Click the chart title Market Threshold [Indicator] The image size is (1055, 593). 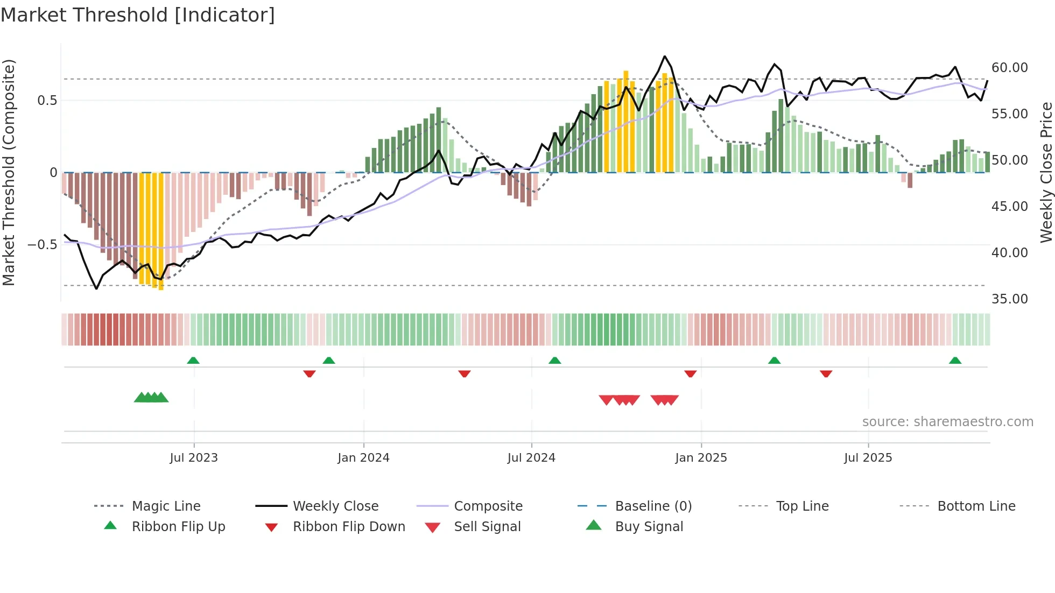(x=138, y=15)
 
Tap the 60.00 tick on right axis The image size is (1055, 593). (x=1009, y=68)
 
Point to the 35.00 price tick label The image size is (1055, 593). (x=1009, y=299)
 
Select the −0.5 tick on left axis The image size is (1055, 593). (x=42, y=245)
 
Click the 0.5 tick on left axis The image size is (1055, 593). (x=47, y=101)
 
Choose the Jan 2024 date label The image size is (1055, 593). (x=363, y=458)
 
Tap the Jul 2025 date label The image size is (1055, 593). (x=868, y=458)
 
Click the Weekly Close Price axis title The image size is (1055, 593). (x=1046, y=172)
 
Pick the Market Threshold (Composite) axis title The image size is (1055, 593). (x=9, y=172)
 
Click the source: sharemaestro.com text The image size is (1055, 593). (x=947, y=422)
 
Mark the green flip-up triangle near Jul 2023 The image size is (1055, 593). (x=193, y=361)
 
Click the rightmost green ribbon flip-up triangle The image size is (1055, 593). (x=955, y=361)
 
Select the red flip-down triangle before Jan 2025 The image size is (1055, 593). (x=690, y=373)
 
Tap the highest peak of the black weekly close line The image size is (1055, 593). (x=665, y=56)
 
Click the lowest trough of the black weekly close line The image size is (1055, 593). (x=97, y=289)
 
